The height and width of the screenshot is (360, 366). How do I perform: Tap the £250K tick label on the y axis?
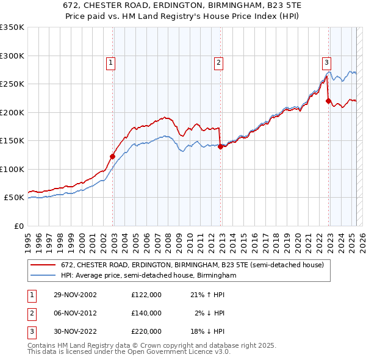12,84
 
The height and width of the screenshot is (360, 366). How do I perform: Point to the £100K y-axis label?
12,169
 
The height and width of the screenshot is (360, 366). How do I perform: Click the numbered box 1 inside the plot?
110,62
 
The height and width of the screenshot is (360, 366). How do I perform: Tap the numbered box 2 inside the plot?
218,62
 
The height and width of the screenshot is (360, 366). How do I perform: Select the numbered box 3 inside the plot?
326,62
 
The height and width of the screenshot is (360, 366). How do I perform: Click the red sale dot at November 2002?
113,156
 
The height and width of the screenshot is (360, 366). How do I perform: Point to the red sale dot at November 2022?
328,101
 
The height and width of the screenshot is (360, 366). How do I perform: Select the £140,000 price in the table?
146,313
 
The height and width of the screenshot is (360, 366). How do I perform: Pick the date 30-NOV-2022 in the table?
74,331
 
